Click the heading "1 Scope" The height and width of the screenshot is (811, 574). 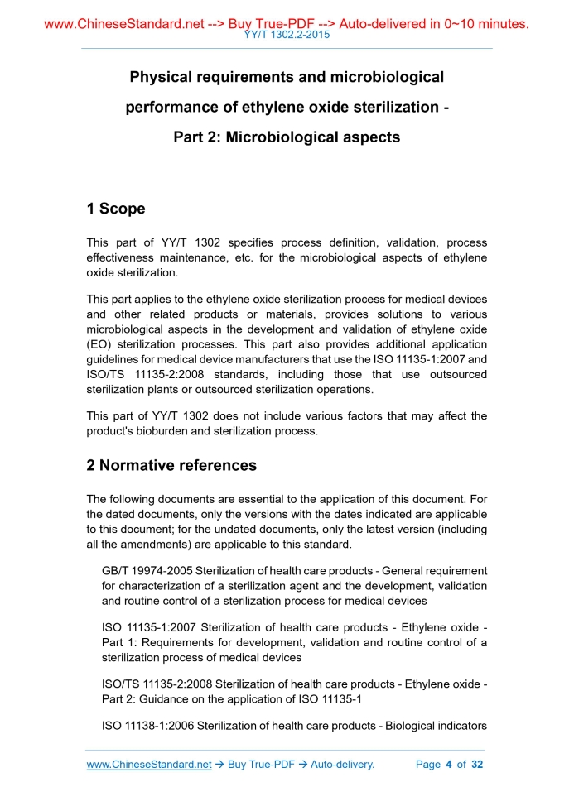[116, 209]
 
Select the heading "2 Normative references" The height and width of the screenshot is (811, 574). [171, 465]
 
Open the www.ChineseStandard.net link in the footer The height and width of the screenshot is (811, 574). [149, 765]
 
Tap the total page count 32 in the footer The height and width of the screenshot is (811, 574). [476, 765]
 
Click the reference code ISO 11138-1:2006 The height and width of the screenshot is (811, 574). [148, 727]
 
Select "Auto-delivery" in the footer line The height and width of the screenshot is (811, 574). [341, 765]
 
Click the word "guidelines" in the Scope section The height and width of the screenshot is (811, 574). [115, 359]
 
